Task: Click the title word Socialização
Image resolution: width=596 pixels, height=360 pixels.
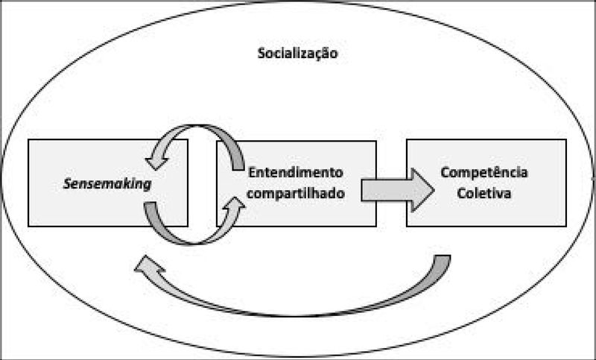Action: (x=297, y=54)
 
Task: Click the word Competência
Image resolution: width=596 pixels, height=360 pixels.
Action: (x=485, y=172)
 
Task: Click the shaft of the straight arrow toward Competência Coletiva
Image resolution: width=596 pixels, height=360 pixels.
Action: (x=384, y=189)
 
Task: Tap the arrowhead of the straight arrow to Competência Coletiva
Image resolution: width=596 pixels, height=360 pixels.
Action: (x=422, y=189)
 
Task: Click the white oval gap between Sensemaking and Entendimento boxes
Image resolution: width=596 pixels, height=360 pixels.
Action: (x=202, y=183)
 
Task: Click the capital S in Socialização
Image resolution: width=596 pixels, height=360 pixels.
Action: (x=261, y=54)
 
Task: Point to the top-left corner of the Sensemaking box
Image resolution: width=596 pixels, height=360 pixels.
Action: (x=28, y=139)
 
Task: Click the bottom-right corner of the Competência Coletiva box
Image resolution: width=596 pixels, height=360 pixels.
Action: (x=566, y=226)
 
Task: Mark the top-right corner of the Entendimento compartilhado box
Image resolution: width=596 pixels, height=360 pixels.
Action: (x=376, y=139)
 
